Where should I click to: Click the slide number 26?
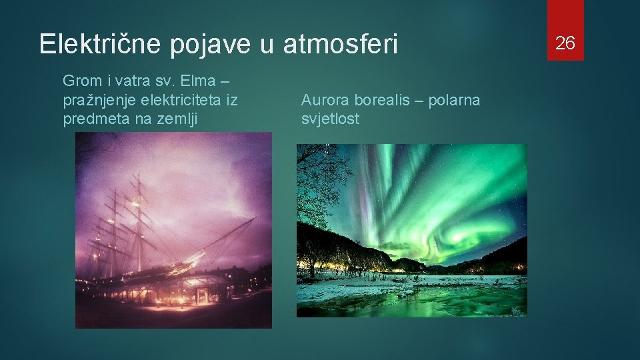(565, 43)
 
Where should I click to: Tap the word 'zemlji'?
(187, 119)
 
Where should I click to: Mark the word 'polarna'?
(455, 101)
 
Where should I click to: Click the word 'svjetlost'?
(330, 119)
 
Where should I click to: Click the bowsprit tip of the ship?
(255, 219)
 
